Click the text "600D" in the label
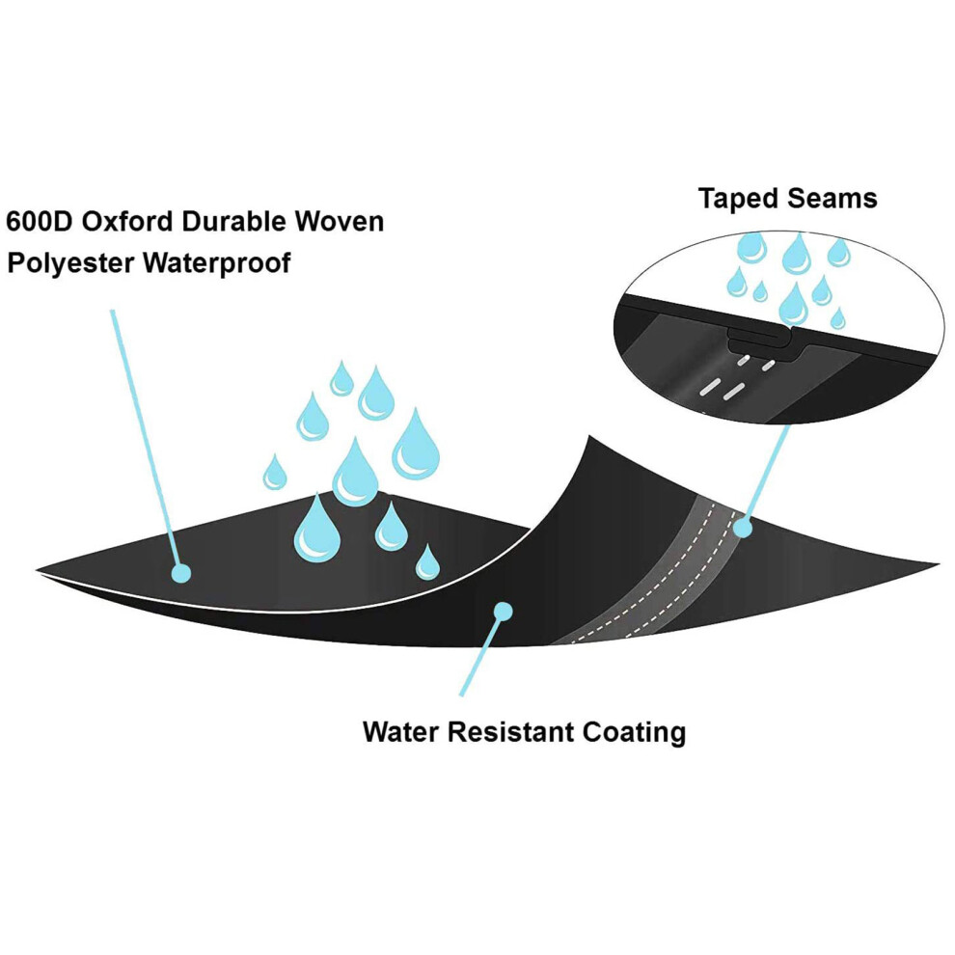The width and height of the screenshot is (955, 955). pos(39,221)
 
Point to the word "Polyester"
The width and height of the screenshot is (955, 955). pos(70,263)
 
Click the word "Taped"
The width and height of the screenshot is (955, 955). pos(738,199)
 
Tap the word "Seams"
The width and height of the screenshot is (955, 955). pos(832,199)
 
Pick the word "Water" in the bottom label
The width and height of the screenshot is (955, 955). pos(401,731)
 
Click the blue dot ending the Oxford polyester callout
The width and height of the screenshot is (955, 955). pos(181,573)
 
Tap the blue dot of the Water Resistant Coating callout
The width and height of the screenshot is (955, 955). pos(504,611)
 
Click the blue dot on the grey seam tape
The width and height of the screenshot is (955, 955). pos(743,528)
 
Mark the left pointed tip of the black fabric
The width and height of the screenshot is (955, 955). pos(37,571)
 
